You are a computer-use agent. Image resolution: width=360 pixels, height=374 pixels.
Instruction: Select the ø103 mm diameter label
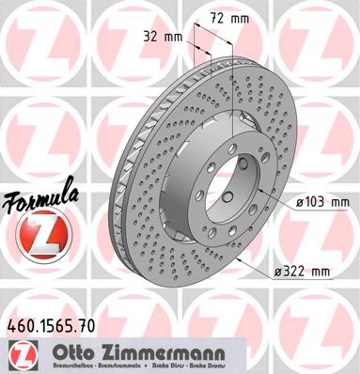[x=321, y=200]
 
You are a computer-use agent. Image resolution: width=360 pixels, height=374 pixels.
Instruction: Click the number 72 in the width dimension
[x=215, y=17]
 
